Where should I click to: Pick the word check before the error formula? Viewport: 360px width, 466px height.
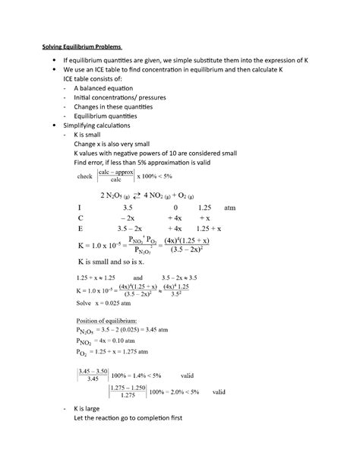coord(85,176)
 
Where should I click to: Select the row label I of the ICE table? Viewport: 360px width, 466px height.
coord(80,207)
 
